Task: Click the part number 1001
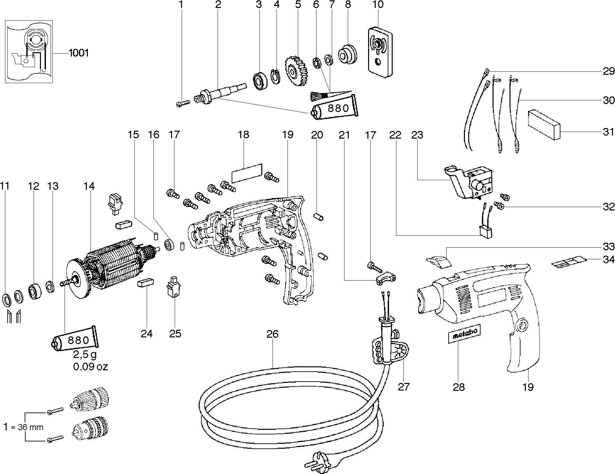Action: [79, 53]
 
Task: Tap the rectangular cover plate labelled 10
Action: [380, 52]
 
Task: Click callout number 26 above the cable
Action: [272, 334]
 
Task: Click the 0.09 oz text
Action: [91, 367]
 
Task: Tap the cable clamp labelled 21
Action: [385, 278]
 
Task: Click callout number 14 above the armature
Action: [89, 186]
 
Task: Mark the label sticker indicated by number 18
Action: [247, 173]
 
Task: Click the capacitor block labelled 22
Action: [486, 232]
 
